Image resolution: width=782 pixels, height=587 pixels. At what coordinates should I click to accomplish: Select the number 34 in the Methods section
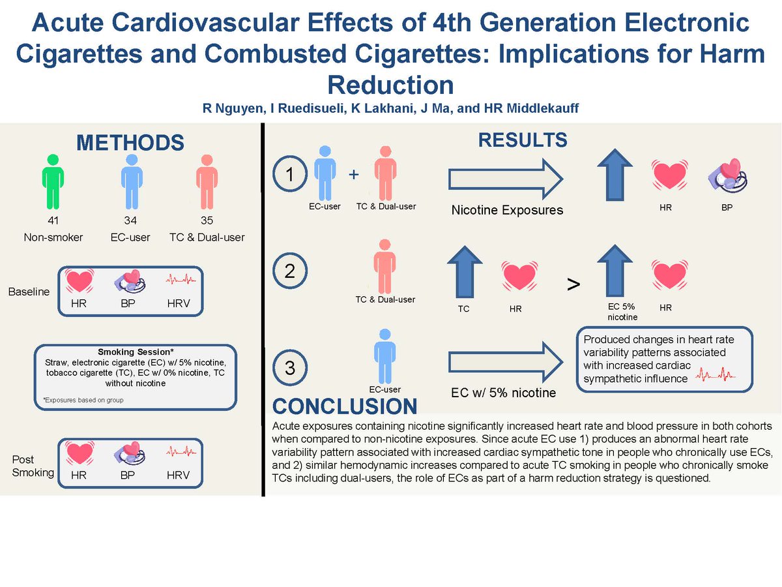pyautogui.click(x=131, y=221)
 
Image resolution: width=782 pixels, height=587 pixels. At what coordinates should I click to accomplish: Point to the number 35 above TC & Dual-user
pyautogui.click(x=207, y=221)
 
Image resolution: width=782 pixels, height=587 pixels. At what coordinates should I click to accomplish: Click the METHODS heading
pyautogui.click(x=130, y=143)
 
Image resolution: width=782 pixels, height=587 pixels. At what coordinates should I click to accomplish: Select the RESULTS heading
pyautogui.click(x=523, y=140)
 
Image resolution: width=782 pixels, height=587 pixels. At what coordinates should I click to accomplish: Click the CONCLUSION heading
pyautogui.click(x=345, y=406)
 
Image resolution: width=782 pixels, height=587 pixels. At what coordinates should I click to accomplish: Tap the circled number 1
pyautogui.click(x=291, y=175)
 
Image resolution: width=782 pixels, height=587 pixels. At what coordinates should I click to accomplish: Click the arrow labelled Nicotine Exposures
pyautogui.click(x=505, y=177)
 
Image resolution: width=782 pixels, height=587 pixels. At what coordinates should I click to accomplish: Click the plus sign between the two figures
pyautogui.click(x=354, y=175)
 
